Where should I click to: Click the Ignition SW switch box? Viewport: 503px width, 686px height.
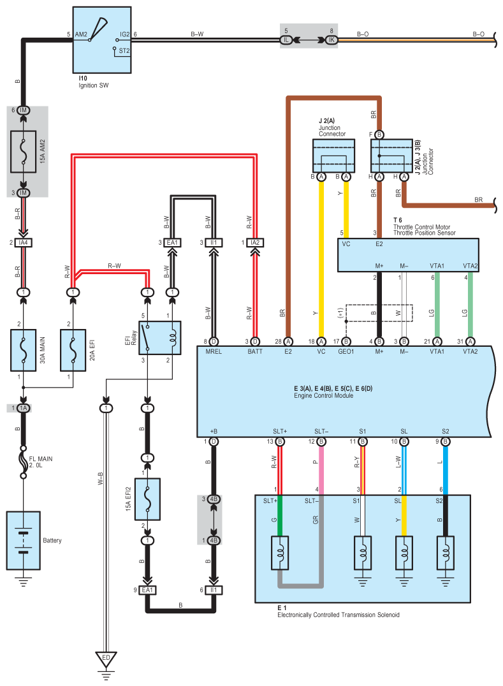click(102, 40)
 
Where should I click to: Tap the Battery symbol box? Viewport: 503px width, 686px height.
click(23, 539)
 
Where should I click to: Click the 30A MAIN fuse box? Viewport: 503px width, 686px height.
click(24, 350)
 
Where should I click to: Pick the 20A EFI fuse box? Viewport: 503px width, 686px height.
click(73, 350)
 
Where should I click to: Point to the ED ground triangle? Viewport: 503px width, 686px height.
click(106, 659)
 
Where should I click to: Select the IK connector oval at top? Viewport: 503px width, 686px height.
click(331, 40)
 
